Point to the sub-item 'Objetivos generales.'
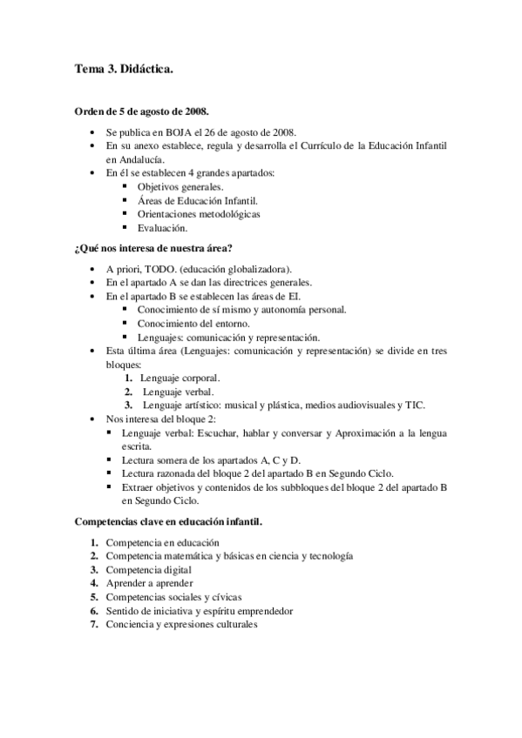(180, 187)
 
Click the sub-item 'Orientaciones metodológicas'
(198, 214)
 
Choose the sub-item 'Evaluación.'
(162, 228)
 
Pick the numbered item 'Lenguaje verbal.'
(179, 392)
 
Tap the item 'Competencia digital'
(149, 569)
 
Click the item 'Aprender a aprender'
(149, 583)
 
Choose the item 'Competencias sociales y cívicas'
(173, 597)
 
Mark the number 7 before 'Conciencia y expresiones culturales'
(93, 624)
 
